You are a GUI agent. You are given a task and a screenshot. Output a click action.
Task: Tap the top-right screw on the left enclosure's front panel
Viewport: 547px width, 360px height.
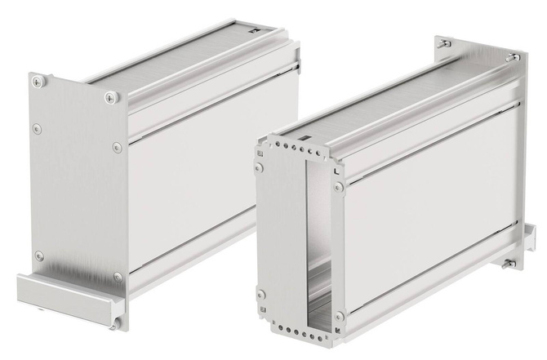110,97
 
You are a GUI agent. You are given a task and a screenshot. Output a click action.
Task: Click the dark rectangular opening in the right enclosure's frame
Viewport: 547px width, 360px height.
300,245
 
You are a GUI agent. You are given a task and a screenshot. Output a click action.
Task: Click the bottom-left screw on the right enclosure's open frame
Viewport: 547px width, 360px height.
260,295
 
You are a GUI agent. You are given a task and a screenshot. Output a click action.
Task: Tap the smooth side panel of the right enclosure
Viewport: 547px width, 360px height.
433,196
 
